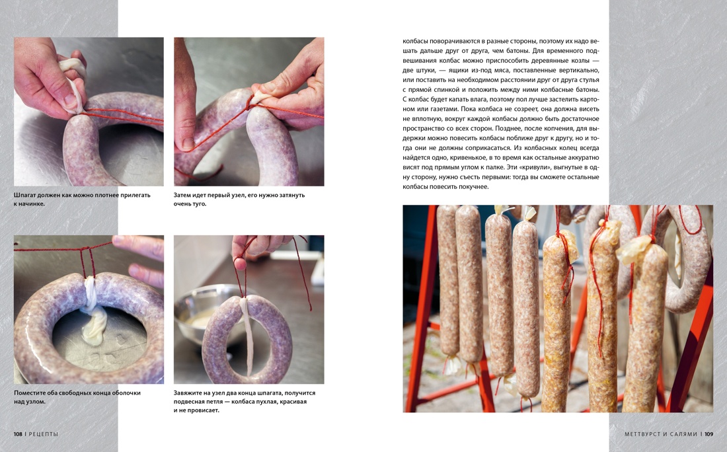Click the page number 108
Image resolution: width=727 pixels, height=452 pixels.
click(18, 434)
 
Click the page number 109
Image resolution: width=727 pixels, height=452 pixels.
click(709, 434)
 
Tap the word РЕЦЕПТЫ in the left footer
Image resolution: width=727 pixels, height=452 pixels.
click(44, 434)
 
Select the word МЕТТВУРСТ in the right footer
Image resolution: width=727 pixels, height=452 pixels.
click(642, 434)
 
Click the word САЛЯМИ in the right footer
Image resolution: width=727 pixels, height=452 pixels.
click(684, 434)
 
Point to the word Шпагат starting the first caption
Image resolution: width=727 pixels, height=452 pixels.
click(24, 195)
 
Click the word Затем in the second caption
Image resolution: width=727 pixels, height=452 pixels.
click(182, 195)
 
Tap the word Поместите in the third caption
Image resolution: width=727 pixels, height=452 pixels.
click(30, 393)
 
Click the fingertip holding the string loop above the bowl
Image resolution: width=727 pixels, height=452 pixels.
click(240, 263)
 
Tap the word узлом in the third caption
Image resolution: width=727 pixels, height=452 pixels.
click(36, 402)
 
